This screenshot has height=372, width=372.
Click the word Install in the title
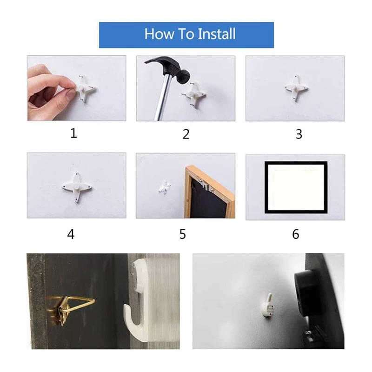pyautogui.click(x=217, y=34)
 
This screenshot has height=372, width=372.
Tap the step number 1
pyautogui.click(x=73, y=133)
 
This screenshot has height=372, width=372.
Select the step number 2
pyautogui.click(x=186, y=134)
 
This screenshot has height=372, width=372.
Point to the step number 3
pyautogui.click(x=299, y=134)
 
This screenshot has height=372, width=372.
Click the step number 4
pyautogui.click(x=71, y=234)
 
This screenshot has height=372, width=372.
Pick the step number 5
pyautogui.click(x=183, y=234)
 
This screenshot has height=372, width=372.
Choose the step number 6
pyautogui.click(x=296, y=234)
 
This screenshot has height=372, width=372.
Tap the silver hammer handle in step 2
pyautogui.click(x=163, y=100)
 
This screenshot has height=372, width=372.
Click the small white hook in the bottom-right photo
pyautogui.click(x=267, y=306)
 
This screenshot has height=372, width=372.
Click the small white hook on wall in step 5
pyautogui.click(x=164, y=187)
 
